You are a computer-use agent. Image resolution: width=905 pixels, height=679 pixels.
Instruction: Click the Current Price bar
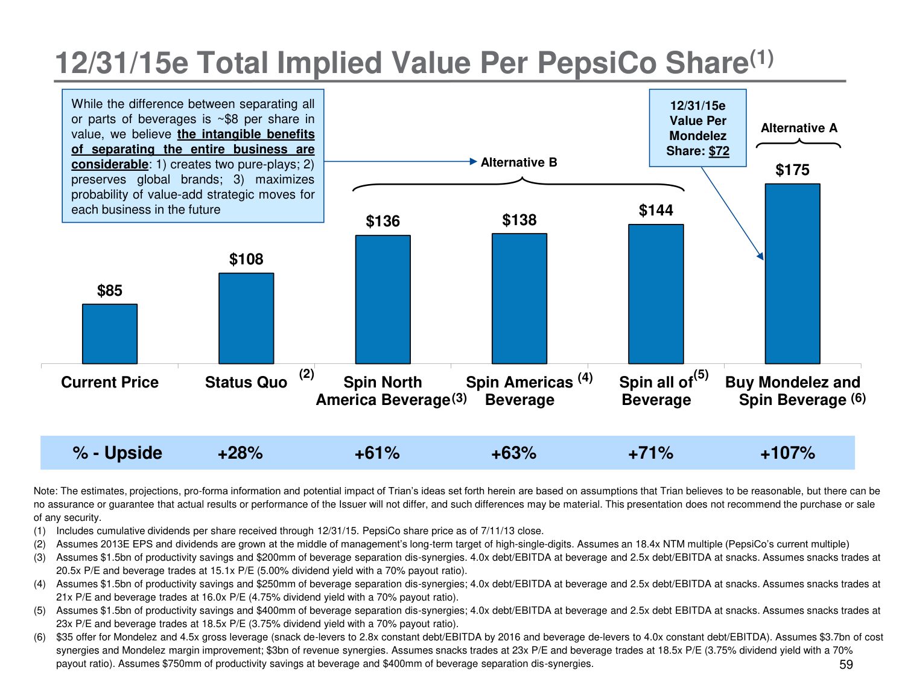point(110,334)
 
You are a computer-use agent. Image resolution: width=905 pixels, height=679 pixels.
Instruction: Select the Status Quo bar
point(246,318)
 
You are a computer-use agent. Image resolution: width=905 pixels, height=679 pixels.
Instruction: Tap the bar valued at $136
point(383,299)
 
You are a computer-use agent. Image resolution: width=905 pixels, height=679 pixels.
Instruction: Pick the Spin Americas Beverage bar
point(519,298)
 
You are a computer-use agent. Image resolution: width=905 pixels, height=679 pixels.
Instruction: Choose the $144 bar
point(656,294)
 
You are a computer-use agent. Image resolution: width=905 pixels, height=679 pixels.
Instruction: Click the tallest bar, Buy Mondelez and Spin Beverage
point(792,273)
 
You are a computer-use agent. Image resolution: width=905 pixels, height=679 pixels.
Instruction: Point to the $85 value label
point(110,291)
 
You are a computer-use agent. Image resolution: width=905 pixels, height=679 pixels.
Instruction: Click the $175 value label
point(792,170)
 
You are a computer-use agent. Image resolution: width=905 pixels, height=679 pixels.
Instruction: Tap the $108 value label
point(246,260)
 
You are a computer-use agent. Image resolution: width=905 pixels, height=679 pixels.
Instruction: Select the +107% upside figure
point(787,453)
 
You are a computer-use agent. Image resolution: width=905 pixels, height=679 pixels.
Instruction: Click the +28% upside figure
point(240,453)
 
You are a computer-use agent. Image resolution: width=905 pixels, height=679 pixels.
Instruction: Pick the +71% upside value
point(650,453)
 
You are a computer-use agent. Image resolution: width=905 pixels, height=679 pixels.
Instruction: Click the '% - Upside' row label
point(117,453)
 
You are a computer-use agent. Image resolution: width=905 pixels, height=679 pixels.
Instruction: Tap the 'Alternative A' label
point(799,128)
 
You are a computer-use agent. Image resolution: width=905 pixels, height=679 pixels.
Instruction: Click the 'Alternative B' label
point(519,162)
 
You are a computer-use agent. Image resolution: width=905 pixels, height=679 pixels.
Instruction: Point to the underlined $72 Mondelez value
point(719,151)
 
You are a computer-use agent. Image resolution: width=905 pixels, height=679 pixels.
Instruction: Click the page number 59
point(846,665)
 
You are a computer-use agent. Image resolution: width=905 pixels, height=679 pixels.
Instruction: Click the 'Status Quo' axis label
point(246,383)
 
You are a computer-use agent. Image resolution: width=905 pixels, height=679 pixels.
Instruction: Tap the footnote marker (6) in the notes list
point(40,637)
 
